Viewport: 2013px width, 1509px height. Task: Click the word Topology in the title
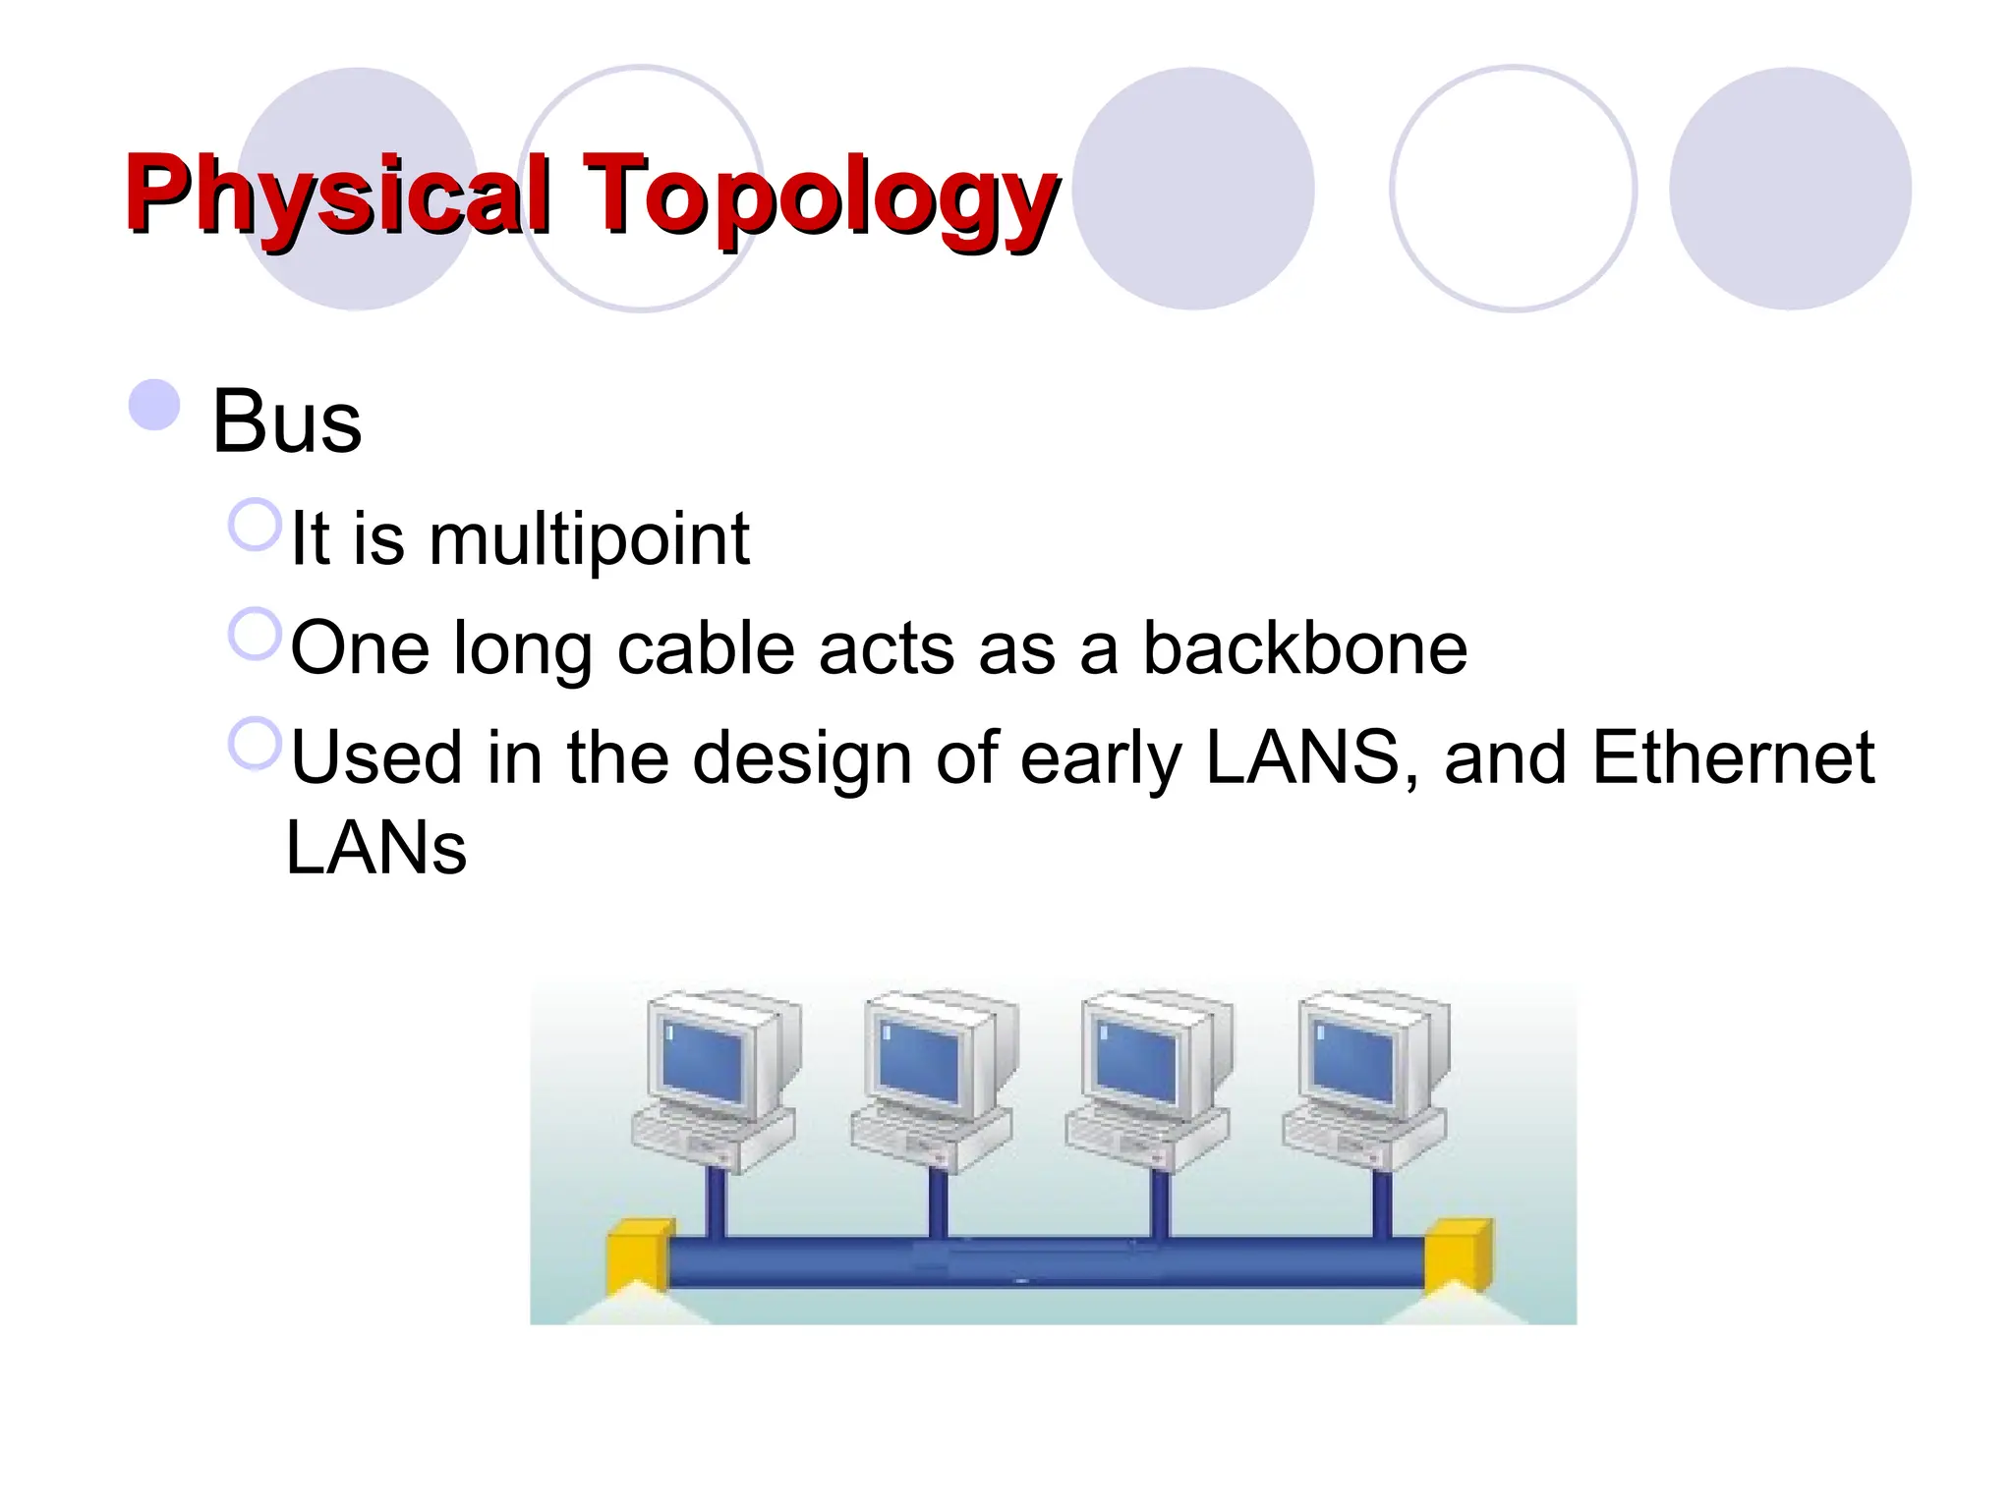click(821, 194)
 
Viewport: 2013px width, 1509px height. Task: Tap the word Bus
click(287, 421)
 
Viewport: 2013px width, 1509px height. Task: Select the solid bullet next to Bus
click(154, 405)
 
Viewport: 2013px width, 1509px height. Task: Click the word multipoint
click(589, 539)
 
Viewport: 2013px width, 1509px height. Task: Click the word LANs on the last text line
click(376, 848)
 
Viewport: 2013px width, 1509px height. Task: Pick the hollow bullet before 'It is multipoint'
click(256, 525)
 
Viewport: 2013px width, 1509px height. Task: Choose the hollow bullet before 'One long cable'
click(256, 634)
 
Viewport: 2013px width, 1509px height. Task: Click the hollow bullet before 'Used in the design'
click(256, 744)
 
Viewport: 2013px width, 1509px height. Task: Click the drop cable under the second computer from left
click(938, 1203)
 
